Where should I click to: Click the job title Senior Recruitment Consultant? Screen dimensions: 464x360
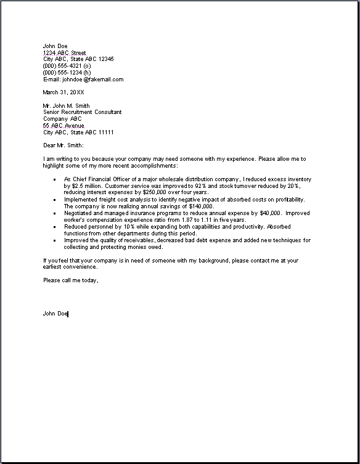click(82, 112)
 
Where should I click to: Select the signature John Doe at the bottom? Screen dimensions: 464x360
click(55, 314)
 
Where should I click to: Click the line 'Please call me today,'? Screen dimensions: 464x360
click(71, 280)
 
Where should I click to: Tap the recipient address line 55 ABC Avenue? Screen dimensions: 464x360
click(63, 126)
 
